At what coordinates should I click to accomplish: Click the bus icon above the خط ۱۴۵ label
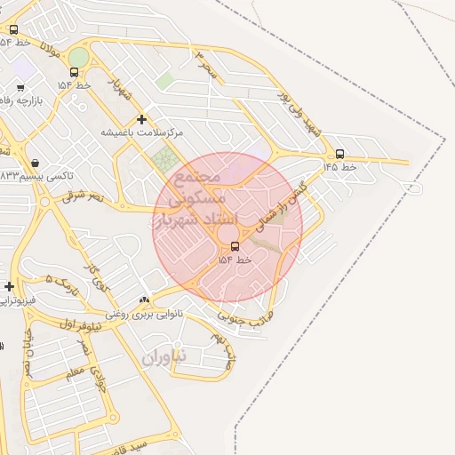(340, 153)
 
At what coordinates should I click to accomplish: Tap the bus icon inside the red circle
(235, 246)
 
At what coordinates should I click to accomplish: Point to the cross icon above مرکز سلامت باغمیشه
(141, 119)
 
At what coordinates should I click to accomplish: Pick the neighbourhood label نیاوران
(165, 355)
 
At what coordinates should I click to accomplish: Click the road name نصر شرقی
(84, 196)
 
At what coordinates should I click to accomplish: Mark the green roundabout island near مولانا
(79, 57)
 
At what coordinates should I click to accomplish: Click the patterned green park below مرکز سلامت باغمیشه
(164, 162)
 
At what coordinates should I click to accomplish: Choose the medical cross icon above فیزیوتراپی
(9, 286)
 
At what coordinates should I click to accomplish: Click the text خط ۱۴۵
(340, 166)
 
